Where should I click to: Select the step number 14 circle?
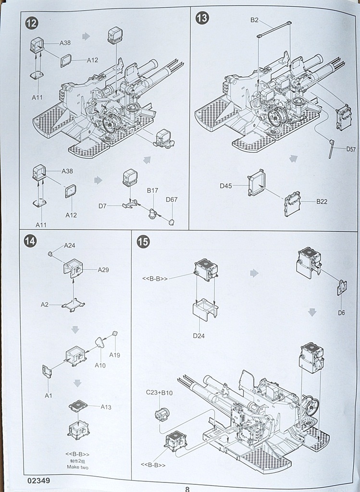[x=30, y=241]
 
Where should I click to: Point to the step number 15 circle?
[x=143, y=242]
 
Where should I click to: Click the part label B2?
[x=254, y=20]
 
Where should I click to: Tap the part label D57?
[x=351, y=149]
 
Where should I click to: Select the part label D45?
[x=226, y=185]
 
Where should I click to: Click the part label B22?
[x=322, y=201]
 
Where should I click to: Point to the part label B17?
[x=152, y=190]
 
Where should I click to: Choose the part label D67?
[x=172, y=199]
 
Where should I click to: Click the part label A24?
[x=70, y=245]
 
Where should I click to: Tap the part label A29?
[x=103, y=270]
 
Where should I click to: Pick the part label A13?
[x=106, y=407]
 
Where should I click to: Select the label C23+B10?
[x=159, y=393]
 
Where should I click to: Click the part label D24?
[x=199, y=335]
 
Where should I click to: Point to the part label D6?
[x=341, y=313]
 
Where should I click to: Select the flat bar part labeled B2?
[x=274, y=29]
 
